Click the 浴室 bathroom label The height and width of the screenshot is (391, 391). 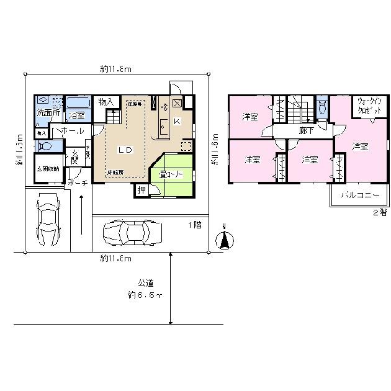77,115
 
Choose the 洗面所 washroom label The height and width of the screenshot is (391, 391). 47,114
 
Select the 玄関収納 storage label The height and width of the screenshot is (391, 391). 47,169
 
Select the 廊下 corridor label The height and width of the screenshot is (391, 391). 305,131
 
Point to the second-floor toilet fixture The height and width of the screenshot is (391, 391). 321,109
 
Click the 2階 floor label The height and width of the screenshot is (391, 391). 379,212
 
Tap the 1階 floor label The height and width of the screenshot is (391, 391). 194,225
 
